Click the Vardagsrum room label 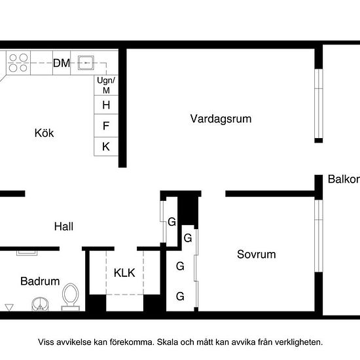[x=221, y=119]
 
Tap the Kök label [x=44, y=133]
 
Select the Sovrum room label [x=256, y=255]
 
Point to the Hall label [x=63, y=226]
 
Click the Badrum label [x=40, y=281]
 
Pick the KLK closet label [x=124, y=273]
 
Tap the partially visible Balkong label [x=344, y=179]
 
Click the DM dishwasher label [x=62, y=63]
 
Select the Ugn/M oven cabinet [x=106, y=85]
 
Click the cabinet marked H [x=106, y=105]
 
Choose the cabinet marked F [x=106, y=126]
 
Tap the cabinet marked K [x=106, y=147]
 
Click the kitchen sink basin [x=86, y=63]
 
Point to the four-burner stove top [x=18, y=63]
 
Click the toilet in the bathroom [x=71, y=297]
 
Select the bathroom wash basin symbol [x=40, y=304]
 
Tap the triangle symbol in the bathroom [x=9, y=308]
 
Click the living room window [x=319, y=103]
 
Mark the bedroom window [x=319, y=236]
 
